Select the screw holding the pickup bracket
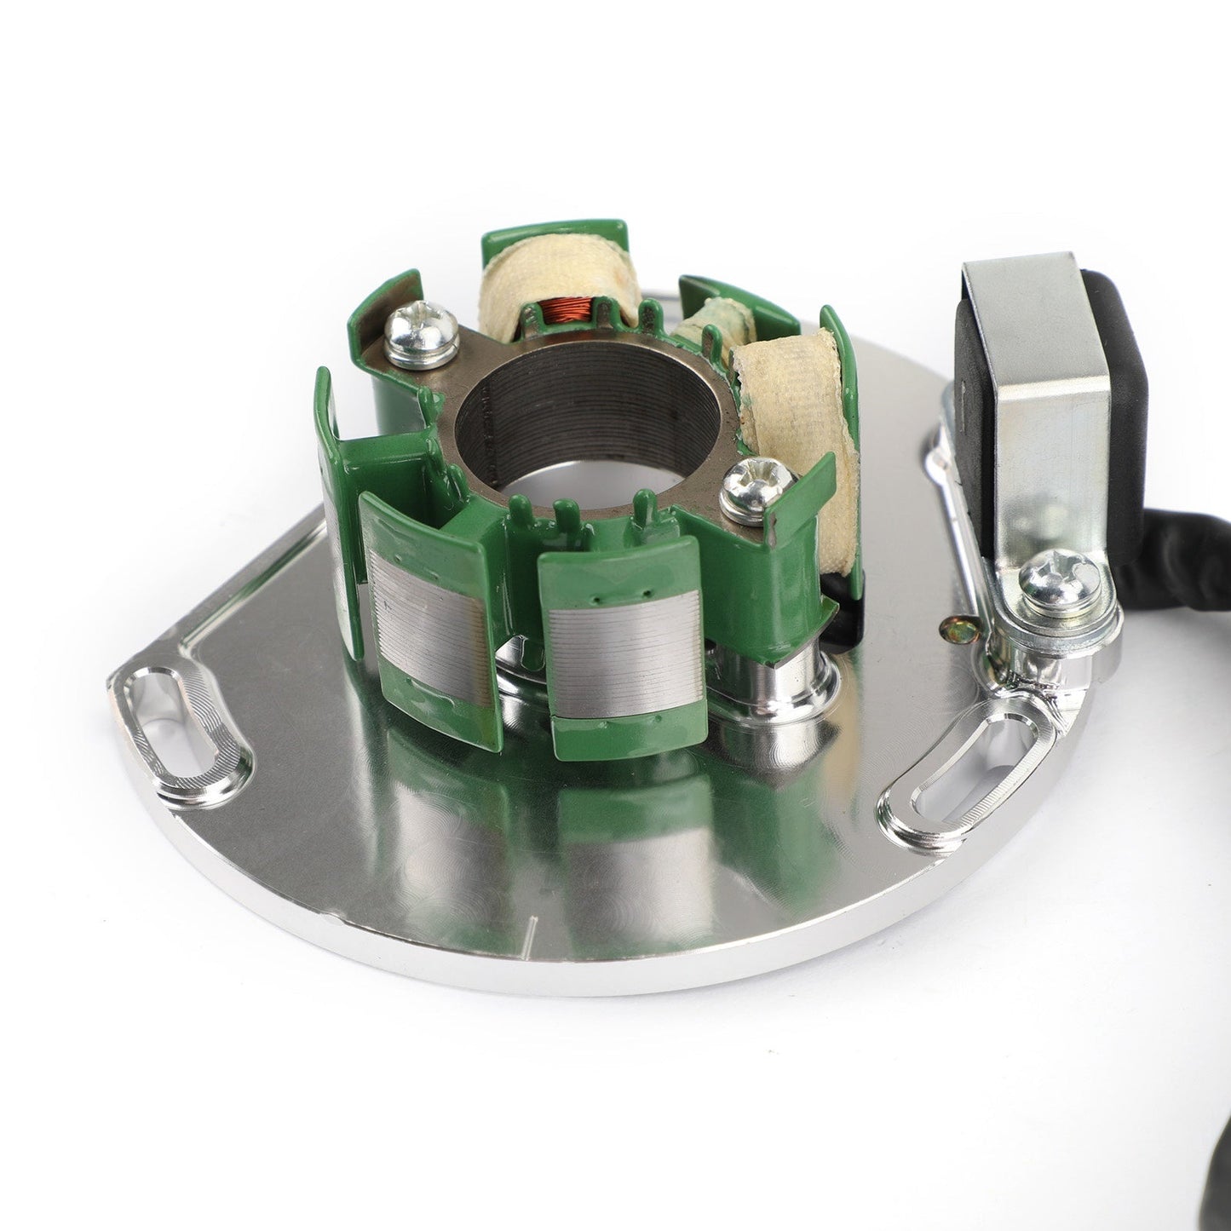(x=1053, y=580)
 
